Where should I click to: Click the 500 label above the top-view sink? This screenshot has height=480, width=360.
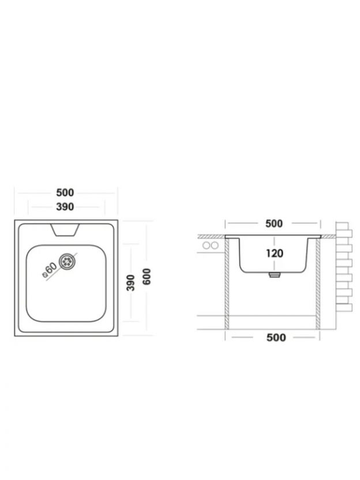point(65,193)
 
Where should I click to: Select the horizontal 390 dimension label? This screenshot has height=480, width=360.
point(65,207)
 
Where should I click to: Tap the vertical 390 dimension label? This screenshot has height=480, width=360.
point(131,283)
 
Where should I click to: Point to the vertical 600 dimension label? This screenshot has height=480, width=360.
point(147,276)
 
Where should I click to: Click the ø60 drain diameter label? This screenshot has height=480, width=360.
point(50,269)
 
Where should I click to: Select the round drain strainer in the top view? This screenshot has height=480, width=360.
point(66,261)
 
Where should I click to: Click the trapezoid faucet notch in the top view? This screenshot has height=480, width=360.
point(65,230)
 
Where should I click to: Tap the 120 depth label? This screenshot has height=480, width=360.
point(274,253)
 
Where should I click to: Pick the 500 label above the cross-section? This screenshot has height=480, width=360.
point(273,223)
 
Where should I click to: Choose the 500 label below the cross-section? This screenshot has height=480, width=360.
point(276,337)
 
